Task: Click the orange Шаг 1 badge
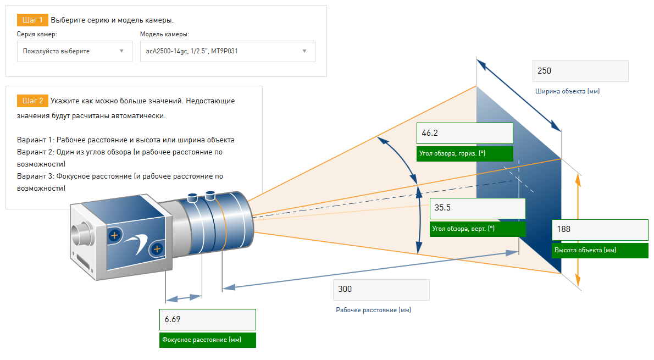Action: click(x=32, y=20)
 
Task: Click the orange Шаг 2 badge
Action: click(x=32, y=101)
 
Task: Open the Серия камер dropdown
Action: click(x=75, y=51)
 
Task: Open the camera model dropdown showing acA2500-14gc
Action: click(x=228, y=51)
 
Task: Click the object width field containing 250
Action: click(x=580, y=71)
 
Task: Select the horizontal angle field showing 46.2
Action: click(x=464, y=133)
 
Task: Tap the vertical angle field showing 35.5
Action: click(x=478, y=208)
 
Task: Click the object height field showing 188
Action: click(x=600, y=229)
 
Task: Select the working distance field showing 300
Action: click(x=381, y=290)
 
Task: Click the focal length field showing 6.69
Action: click(x=208, y=319)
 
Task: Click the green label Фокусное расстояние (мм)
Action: click(x=208, y=340)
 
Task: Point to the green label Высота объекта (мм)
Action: click(x=600, y=250)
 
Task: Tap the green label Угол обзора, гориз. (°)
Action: click(x=464, y=153)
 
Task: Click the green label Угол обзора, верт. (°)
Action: click(x=478, y=229)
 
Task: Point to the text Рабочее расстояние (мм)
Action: click(x=373, y=310)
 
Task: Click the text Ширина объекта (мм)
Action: click(x=567, y=91)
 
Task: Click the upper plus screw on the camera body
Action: click(x=114, y=235)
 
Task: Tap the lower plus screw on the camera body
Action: click(x=157, y=249)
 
